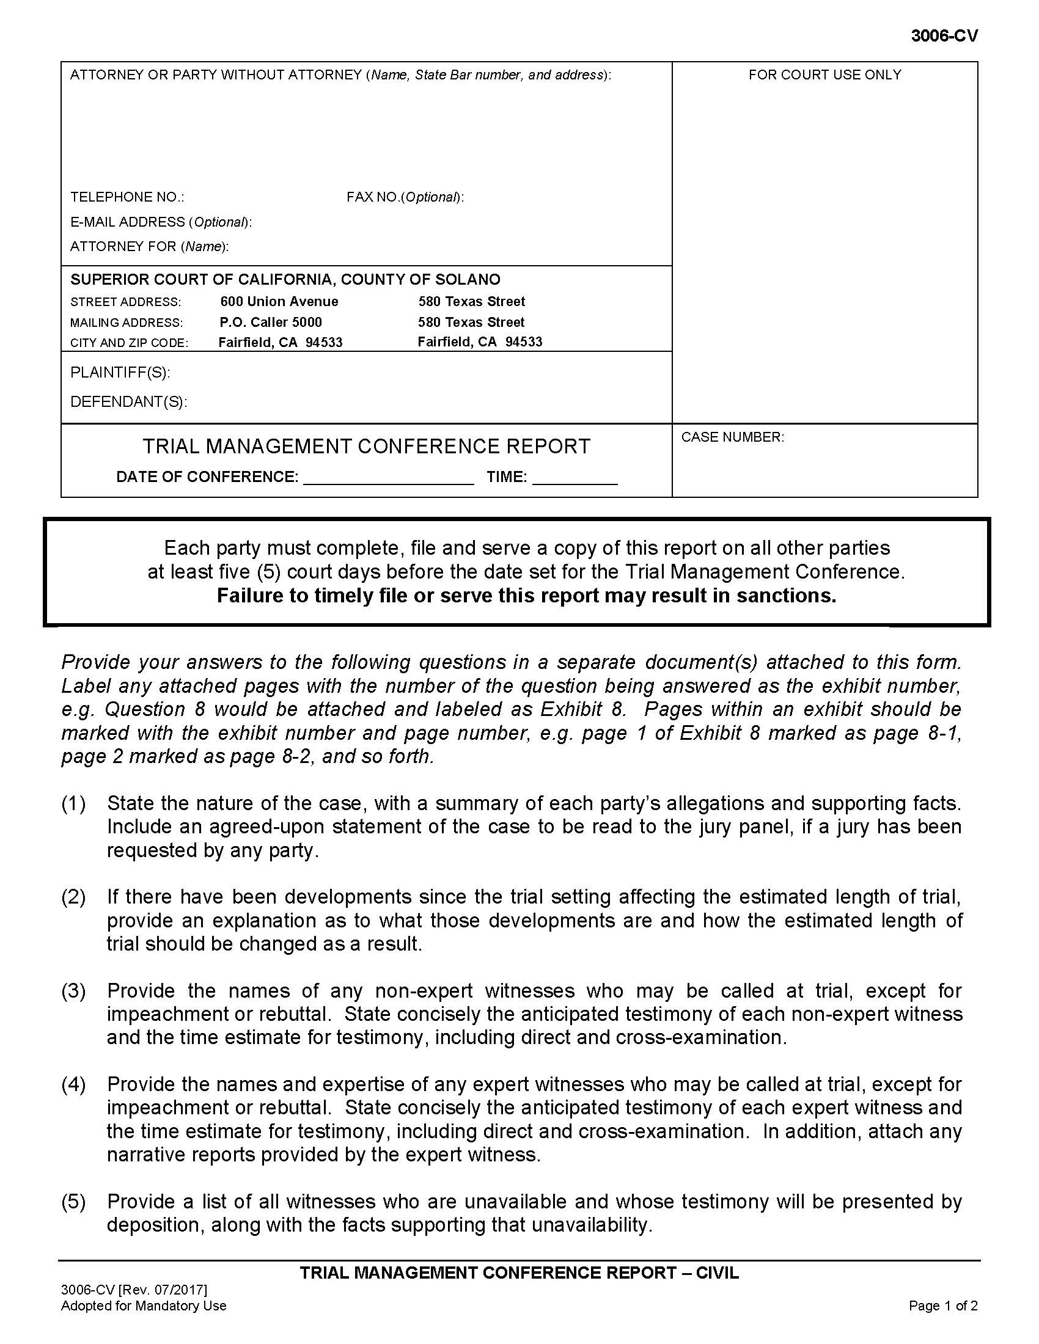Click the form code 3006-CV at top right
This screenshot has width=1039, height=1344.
(x=944, y=36)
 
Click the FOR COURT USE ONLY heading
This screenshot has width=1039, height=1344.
(x=824, y=75)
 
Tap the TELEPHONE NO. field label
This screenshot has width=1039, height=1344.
(x=127, y=197)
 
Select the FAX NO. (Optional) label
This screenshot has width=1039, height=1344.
(x=405, y=197)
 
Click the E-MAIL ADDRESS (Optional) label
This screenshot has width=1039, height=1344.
(x=161, y=222)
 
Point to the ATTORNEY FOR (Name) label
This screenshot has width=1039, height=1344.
(x=149, y=247)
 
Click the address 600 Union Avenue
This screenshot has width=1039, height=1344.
(x=279, y=302)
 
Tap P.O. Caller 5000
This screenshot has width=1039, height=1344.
(x=270, y=323)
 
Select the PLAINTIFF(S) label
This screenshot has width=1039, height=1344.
(x=120, y=373)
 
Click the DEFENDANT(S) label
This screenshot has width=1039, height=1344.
(x=128, y=402)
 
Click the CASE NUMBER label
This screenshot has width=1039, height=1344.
(x=732, y=437)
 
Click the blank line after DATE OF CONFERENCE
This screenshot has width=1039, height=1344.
(x=388, y=479)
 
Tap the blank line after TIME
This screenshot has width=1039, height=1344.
(x=575, y=479)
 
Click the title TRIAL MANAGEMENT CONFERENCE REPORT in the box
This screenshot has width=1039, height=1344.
(x=366, y=446)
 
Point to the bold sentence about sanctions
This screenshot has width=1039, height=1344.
(x=526, y=596)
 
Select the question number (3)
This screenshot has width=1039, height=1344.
(x=73, y=991)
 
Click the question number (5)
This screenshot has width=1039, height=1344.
(x=73, y=1201)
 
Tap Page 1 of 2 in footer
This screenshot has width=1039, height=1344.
(x=943, y=1306)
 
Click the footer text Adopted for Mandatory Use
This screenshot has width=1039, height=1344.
(x=144, y=1306)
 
